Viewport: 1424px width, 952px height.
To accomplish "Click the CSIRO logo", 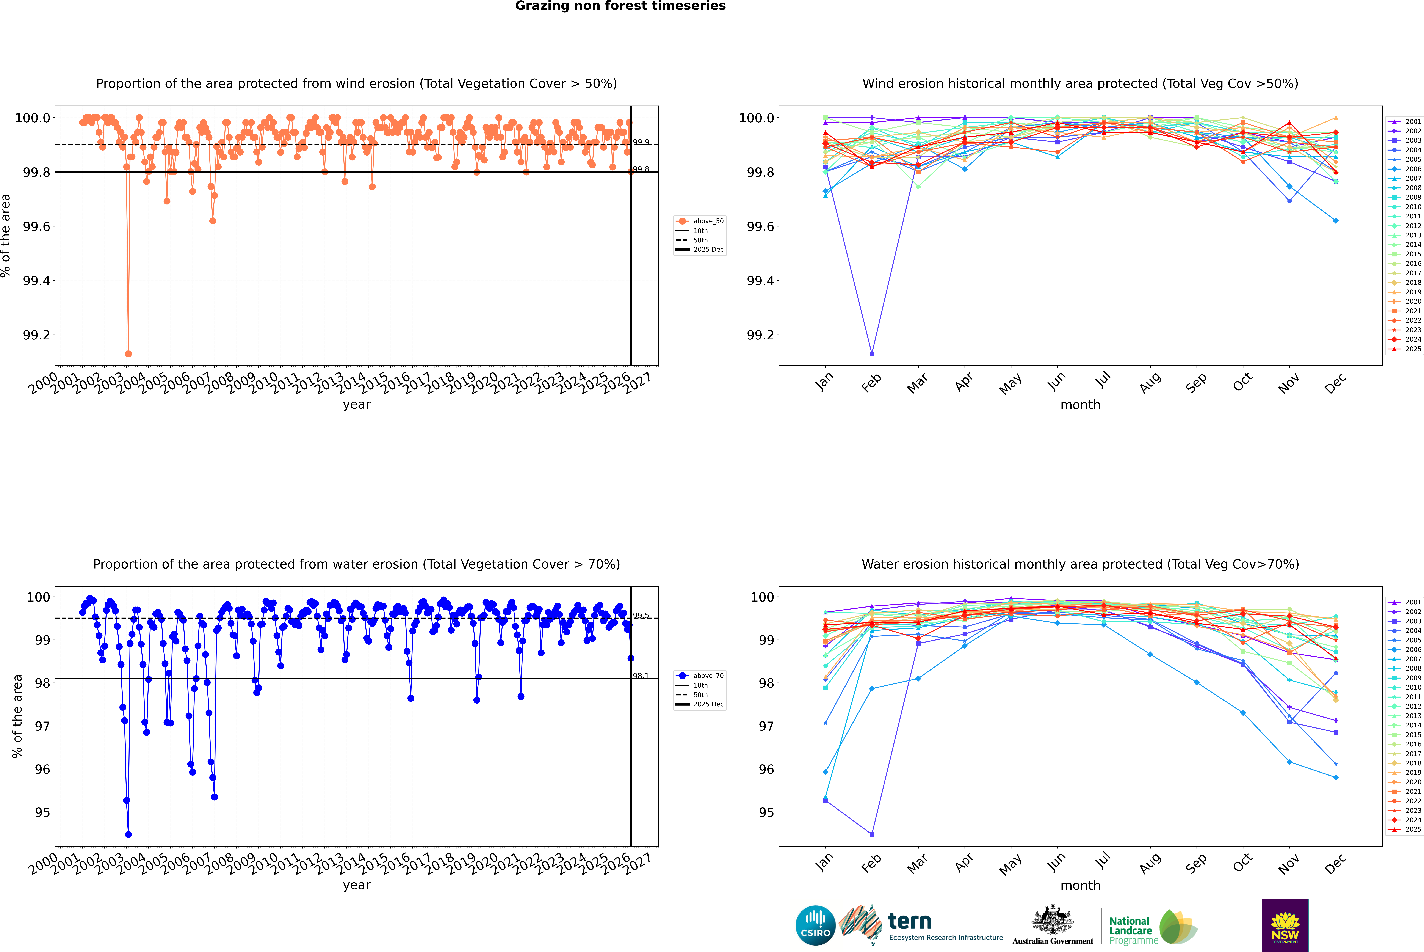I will tap(815, 925).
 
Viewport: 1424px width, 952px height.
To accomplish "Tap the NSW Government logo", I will tap(1285, 925).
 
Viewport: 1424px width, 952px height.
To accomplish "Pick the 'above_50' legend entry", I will tap(708, 221).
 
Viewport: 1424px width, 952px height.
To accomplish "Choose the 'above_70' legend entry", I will tap(708, 676).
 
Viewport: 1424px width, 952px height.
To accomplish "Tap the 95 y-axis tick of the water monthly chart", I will tap(766, 812).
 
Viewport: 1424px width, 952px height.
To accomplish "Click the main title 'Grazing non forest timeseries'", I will tap(620, 6).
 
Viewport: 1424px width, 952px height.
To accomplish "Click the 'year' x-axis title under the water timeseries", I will tap(356, 885).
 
